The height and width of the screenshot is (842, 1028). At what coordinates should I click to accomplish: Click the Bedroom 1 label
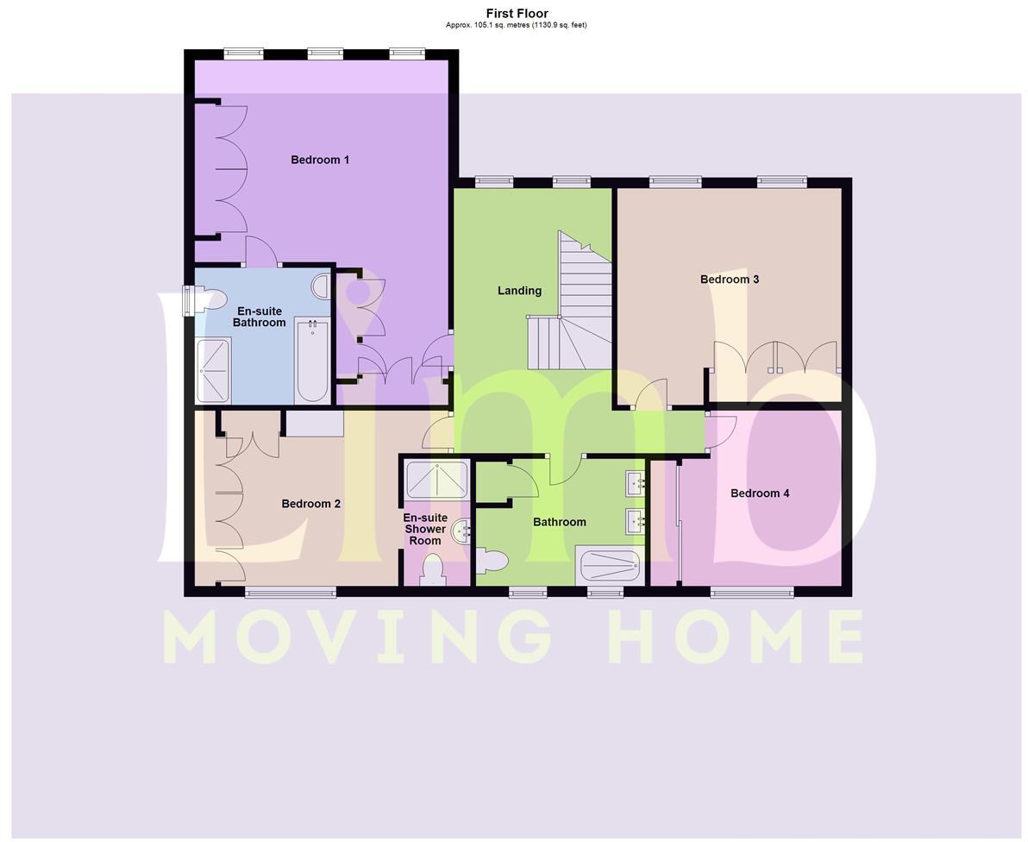coord(320,160)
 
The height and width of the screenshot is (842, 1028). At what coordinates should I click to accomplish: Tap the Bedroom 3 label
coord(729,280)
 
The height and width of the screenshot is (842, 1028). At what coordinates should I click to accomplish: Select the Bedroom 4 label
coord(760,493)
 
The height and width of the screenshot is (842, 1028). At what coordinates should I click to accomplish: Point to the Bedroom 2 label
coord(310,504)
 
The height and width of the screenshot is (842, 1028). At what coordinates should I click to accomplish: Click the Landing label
coord(519,291)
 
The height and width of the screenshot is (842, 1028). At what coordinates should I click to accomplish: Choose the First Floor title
coord(517,13)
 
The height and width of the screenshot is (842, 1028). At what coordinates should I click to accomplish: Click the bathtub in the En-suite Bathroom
coord(312,360)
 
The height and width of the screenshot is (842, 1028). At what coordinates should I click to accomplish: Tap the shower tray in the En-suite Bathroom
coord(214,371)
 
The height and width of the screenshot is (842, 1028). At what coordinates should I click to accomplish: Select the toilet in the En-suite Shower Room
coord(432,570)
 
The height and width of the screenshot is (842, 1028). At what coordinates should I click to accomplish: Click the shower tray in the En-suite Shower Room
coord(437,480)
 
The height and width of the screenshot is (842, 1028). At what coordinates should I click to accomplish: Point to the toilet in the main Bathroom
coord(492,562)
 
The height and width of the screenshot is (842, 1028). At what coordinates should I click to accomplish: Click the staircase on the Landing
coord(573,311)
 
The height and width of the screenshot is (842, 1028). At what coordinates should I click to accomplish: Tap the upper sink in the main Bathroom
coord(636,482)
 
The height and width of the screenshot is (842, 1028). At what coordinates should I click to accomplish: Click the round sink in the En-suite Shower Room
coord(462,531)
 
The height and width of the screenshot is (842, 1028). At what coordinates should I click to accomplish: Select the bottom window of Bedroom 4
coord(751,592)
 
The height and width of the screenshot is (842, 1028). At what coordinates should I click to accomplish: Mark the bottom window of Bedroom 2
coord(290,592)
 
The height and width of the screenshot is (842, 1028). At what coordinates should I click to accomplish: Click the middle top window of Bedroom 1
coord(325,54)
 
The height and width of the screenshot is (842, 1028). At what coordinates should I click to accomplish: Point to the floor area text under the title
coord(516,25)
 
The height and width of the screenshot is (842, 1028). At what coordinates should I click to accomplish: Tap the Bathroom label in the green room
coord(559,522)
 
